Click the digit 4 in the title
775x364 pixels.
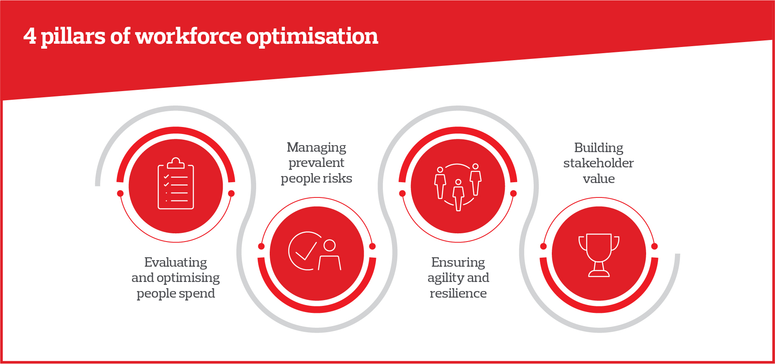30,36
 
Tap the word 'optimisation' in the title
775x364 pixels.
312,37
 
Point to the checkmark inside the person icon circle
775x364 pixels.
306,251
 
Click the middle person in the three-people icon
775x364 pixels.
458,195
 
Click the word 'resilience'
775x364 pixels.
458,294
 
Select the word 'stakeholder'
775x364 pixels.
598,163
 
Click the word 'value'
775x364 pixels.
599,179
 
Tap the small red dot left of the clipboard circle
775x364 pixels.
120,193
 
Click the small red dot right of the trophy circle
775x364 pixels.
654,247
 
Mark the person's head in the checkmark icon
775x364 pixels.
329,245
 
